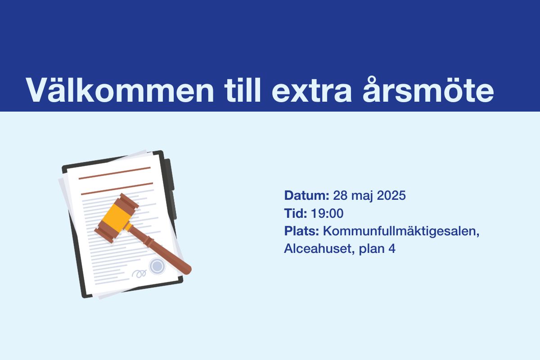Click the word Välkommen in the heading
120,90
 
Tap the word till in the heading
242,90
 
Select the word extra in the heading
311,92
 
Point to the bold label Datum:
306,195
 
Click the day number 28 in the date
340,195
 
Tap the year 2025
391,195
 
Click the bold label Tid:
296,213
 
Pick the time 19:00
327,213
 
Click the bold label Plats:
301,231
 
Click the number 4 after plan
392,249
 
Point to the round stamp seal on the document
157,266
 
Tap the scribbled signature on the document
139,274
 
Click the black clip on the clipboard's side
171,189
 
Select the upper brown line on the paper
115,173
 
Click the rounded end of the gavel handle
187,270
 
